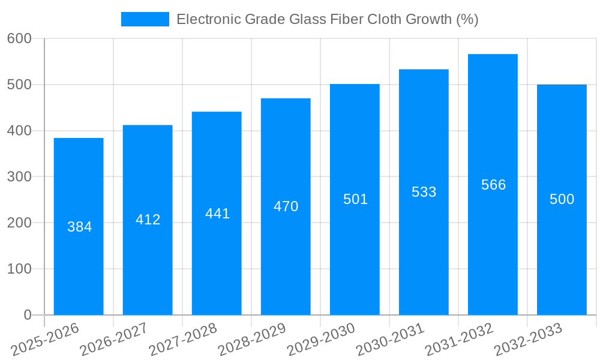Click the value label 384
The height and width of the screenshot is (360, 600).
click(x=79, y=227)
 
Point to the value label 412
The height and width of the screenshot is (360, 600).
click(x=148, y=220)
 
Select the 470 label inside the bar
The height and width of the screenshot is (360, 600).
click(x=286, y=206)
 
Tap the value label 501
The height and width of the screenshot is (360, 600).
click(x=355, y=199)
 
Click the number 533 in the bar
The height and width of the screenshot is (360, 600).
click(x=424, y=192)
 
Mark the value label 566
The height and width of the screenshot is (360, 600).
click(x=493, y=185)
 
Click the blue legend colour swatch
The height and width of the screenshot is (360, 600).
click(x=145, y=19)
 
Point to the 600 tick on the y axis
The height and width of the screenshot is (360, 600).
click(x=19, y=38)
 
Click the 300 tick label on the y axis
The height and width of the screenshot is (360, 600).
click(x=19, y=176)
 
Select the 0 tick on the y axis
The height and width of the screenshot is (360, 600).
click(x=28, y=315)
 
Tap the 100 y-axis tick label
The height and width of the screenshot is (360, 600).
click(x=19, y=269)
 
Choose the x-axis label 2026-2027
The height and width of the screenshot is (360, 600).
click(x=114, y=340)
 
